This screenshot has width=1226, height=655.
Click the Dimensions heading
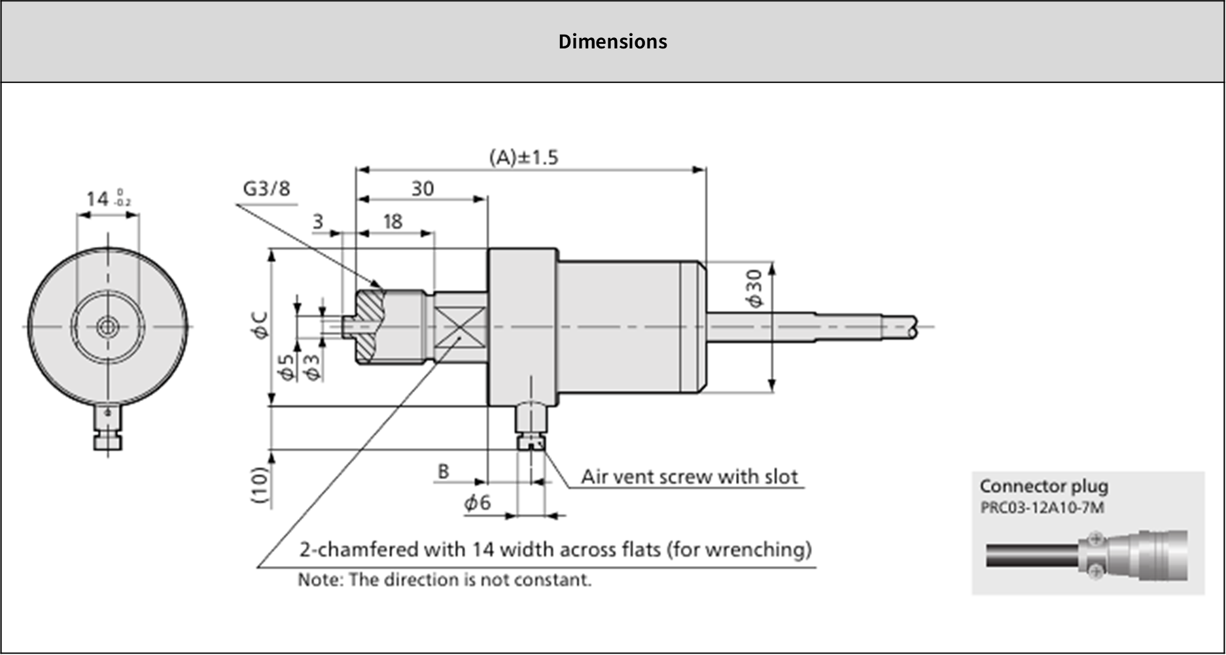612,42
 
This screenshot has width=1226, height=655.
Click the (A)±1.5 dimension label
523,158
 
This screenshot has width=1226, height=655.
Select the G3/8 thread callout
266,188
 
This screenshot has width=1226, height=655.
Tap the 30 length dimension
423,189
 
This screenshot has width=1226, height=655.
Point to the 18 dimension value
393,222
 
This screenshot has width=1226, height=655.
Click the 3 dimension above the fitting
318,222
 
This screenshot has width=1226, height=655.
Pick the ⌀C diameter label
260,325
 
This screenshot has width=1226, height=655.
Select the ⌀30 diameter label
754,288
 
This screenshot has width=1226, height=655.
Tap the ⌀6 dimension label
478,503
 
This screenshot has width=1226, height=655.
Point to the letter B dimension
443,471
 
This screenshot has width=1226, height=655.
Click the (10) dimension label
260,485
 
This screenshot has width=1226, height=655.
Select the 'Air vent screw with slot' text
690,477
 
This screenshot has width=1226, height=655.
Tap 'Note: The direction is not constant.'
444,580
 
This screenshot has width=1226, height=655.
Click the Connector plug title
1043,486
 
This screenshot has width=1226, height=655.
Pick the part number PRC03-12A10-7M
1042,508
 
